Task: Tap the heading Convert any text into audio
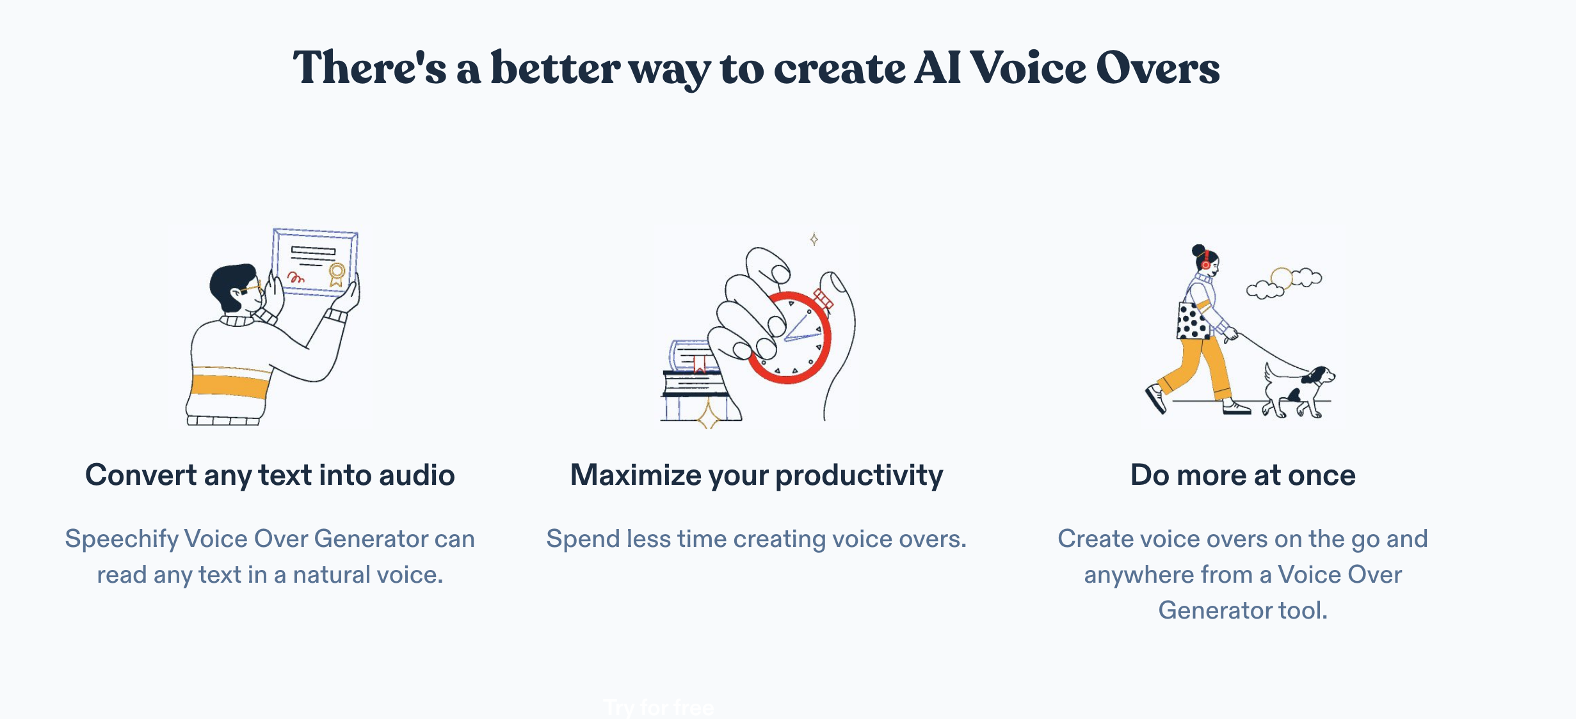(x=270, y=475)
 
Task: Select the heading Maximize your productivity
(x=757, y=475)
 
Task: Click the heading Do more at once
(x=1243, y=475)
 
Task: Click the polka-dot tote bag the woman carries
(x=1193, y=320)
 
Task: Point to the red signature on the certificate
(x=296, y=277)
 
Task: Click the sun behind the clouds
(x=1281, y=278)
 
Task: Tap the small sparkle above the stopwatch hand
(x=814, y=239)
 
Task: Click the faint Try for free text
(x=659, y=707)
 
